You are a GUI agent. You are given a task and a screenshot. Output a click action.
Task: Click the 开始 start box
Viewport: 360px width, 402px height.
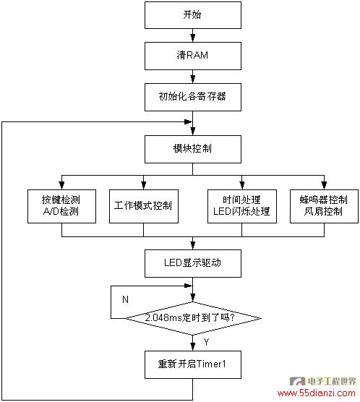(193, 15)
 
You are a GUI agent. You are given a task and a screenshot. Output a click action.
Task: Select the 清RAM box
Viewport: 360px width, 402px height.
(193, 56)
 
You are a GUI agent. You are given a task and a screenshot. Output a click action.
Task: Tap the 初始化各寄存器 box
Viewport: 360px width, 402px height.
(193, 97)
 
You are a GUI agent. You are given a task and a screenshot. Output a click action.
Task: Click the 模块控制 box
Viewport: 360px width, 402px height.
(193, 149)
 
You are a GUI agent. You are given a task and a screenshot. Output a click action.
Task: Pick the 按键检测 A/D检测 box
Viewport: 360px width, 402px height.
(61, 206)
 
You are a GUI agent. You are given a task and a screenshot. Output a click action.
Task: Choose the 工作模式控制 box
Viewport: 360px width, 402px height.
(144, 206)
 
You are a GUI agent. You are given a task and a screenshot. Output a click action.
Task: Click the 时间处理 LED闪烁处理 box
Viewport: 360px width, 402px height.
(242, 206)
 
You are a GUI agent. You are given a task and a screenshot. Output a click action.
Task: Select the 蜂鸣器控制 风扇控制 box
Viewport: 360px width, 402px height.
(324, 206)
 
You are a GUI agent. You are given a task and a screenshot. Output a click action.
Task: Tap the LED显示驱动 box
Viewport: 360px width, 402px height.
(193, 263)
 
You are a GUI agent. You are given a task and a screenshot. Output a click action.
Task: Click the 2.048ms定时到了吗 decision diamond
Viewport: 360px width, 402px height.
(193, 318)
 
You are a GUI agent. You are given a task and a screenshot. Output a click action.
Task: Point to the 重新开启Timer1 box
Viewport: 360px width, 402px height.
(193, 364)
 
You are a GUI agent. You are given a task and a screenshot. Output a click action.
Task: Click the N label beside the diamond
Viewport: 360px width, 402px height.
(125, 299)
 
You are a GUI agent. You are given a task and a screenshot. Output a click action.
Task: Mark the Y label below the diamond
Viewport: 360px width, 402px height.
(206, 342)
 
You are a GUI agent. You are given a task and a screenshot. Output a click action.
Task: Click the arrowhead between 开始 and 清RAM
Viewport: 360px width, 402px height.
(193, 38)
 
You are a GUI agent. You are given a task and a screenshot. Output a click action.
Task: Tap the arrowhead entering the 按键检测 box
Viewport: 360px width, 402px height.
(61, 185)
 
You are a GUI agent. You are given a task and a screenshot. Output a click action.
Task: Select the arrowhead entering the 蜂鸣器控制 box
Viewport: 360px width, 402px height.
(324, 185)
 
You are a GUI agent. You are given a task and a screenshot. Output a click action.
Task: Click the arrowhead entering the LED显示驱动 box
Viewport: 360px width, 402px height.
(193, 245)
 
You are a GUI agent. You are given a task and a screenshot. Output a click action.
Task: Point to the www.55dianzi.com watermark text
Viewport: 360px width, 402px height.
(316, 393)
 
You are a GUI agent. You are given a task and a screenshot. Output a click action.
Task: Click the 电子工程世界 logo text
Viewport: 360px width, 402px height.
(332, 381)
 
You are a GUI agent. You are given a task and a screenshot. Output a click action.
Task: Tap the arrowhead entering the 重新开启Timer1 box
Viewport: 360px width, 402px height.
(193, 346)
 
